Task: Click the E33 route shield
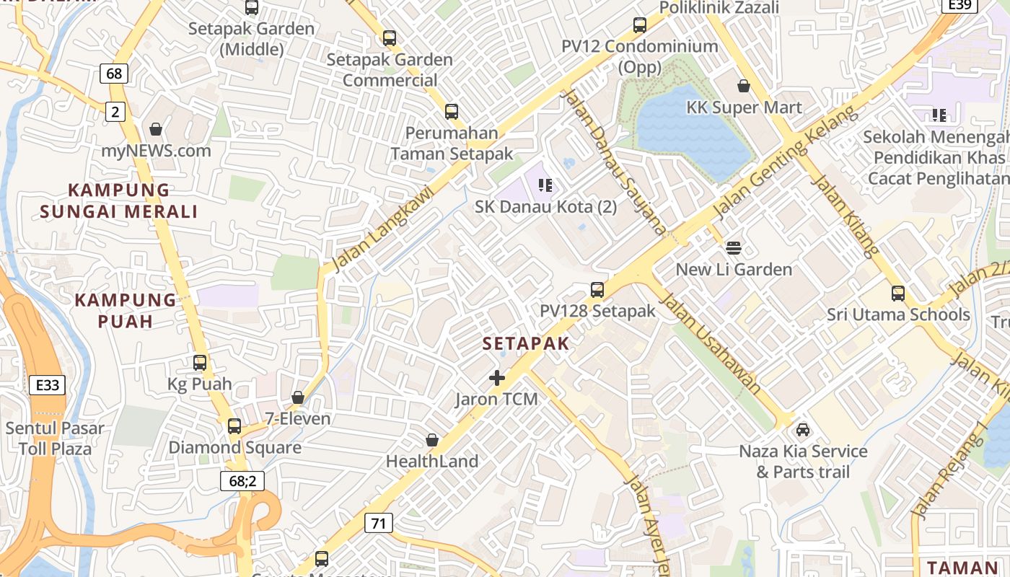(48, 385)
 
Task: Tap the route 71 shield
(379, 523)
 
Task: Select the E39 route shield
(959, 5)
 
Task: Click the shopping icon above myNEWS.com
(155, 130)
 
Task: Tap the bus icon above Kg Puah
(200, 363)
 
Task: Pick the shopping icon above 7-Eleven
(297, 397)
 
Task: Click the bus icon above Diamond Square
(234, 426)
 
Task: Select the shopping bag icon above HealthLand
(432, 440)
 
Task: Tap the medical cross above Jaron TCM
(496, 377)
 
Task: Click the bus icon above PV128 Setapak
(597, 290)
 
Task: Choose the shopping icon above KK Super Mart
(744, 87)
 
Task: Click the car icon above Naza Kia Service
(803, 431)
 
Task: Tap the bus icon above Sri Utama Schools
(898, 294)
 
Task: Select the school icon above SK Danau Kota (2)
(545, 185)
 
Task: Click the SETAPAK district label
(526, 344)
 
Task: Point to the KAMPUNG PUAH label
(126, 310)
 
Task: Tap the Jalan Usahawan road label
(711, 343)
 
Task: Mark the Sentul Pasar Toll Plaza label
(55, 439)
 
